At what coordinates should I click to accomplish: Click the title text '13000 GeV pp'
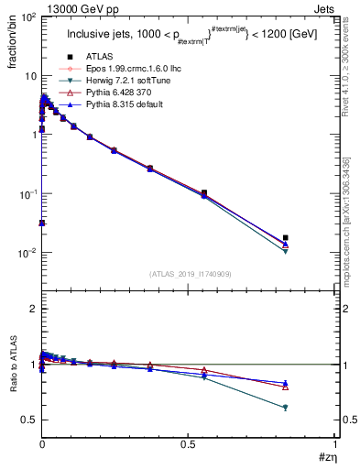pos(71,8)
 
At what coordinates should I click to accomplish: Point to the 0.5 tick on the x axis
pos(189,444)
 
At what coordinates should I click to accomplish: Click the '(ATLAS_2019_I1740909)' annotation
pos(190,273)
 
